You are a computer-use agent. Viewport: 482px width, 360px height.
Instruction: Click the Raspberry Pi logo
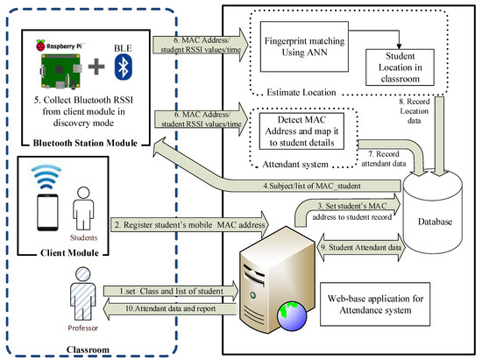pyautogui.click(x=40, y=45)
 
